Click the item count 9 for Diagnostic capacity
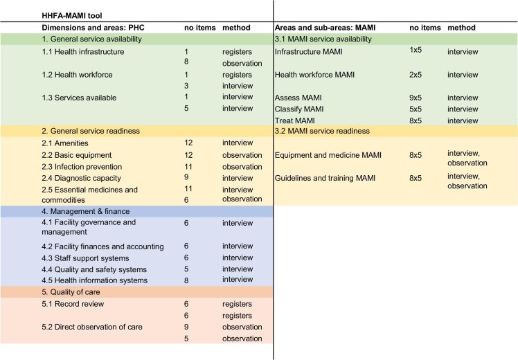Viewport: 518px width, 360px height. (186, 178)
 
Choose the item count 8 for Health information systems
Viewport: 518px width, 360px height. (186, 280)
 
